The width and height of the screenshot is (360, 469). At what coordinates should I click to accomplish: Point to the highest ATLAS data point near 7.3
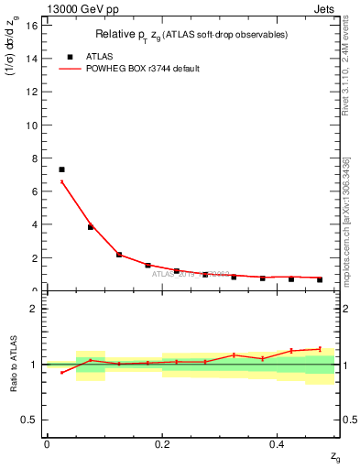click(x=61, y=169)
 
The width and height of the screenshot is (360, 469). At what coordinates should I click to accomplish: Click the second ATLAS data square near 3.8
click(x=91, y=226)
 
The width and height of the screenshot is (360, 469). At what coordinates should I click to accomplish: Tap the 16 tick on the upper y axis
click(x=33, y=25)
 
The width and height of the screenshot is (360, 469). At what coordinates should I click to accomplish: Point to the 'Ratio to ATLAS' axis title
click(x=14, y=364)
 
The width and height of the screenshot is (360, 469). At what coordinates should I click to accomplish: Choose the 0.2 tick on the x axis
click(x=162, y=443)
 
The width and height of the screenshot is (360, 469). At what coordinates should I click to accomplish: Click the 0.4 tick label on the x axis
click(x=278, y=443)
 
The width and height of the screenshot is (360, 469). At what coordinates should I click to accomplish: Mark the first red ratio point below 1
click(x=61, y=372)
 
